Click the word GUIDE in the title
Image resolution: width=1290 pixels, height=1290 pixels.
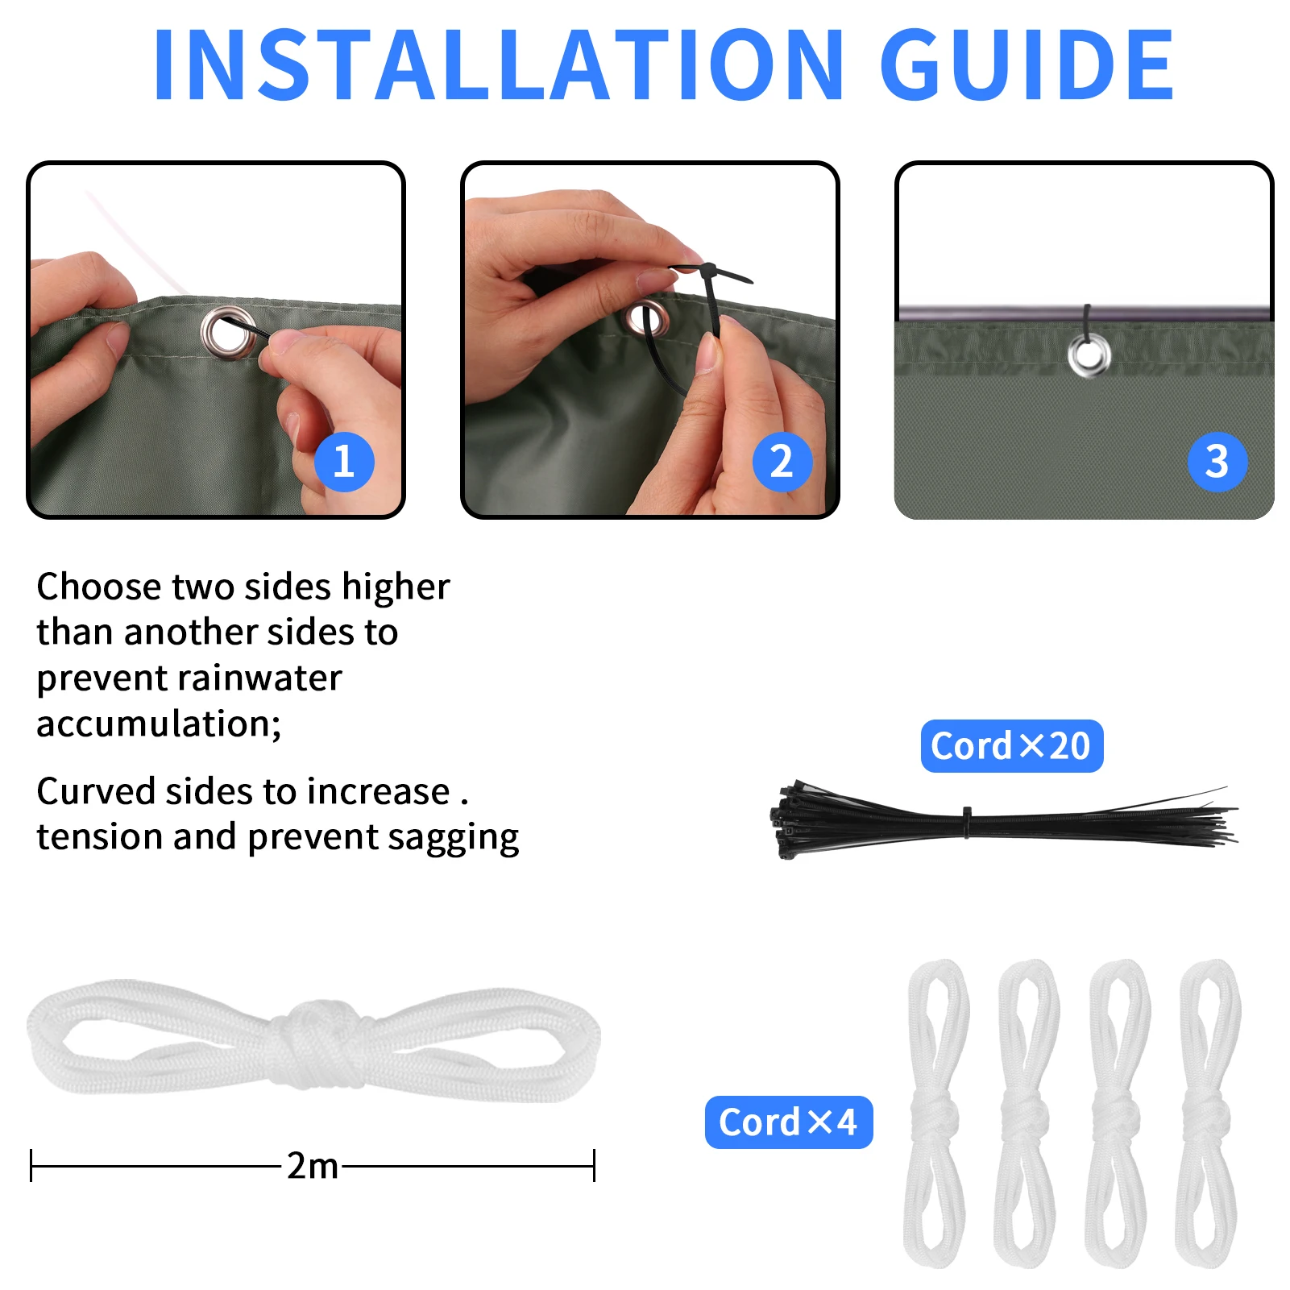click(x=1027, y=65)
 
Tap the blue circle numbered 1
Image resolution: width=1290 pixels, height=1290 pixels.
click(x=344, y=462)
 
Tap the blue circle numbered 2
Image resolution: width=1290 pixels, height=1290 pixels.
click(x=782, y=462)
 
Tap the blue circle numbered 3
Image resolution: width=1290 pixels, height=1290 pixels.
click(x=1217, y=462)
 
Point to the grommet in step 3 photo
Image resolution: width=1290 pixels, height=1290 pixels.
click(x=1089, y=355)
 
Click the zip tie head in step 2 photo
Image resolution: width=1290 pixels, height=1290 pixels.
click(x=708, y=270)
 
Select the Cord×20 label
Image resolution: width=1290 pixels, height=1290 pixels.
click(x=1011, y=746)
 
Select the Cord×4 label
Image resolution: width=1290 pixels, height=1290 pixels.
click(x=788, y=1122)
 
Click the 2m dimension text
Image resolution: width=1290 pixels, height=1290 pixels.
click(x=313, y=1166)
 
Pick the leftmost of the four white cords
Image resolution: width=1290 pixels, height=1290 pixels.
click(x=937, y=1112)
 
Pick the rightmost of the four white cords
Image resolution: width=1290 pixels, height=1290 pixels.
click(x=1208, y=1112)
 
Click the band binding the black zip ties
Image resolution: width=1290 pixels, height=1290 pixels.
click(x=967, y=822)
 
